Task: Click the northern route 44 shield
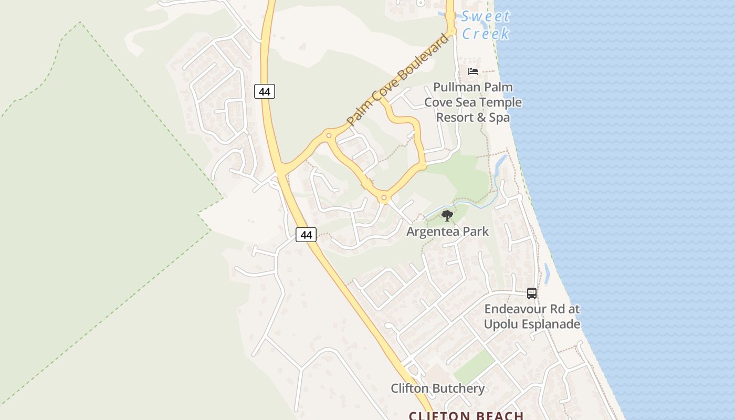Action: pos(265,91)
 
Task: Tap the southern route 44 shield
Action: pos(306,235)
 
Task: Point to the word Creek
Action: pos(486,34)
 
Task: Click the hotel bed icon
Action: pos(473,71)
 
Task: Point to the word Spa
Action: pos(499,117)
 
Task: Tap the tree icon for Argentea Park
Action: pos(447,215)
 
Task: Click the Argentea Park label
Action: pos(447,231)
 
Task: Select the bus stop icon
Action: pos(532,293)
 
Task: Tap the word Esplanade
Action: pos(551,324)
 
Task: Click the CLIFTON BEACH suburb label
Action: pos(466,415)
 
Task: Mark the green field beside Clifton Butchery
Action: pos(474,366)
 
